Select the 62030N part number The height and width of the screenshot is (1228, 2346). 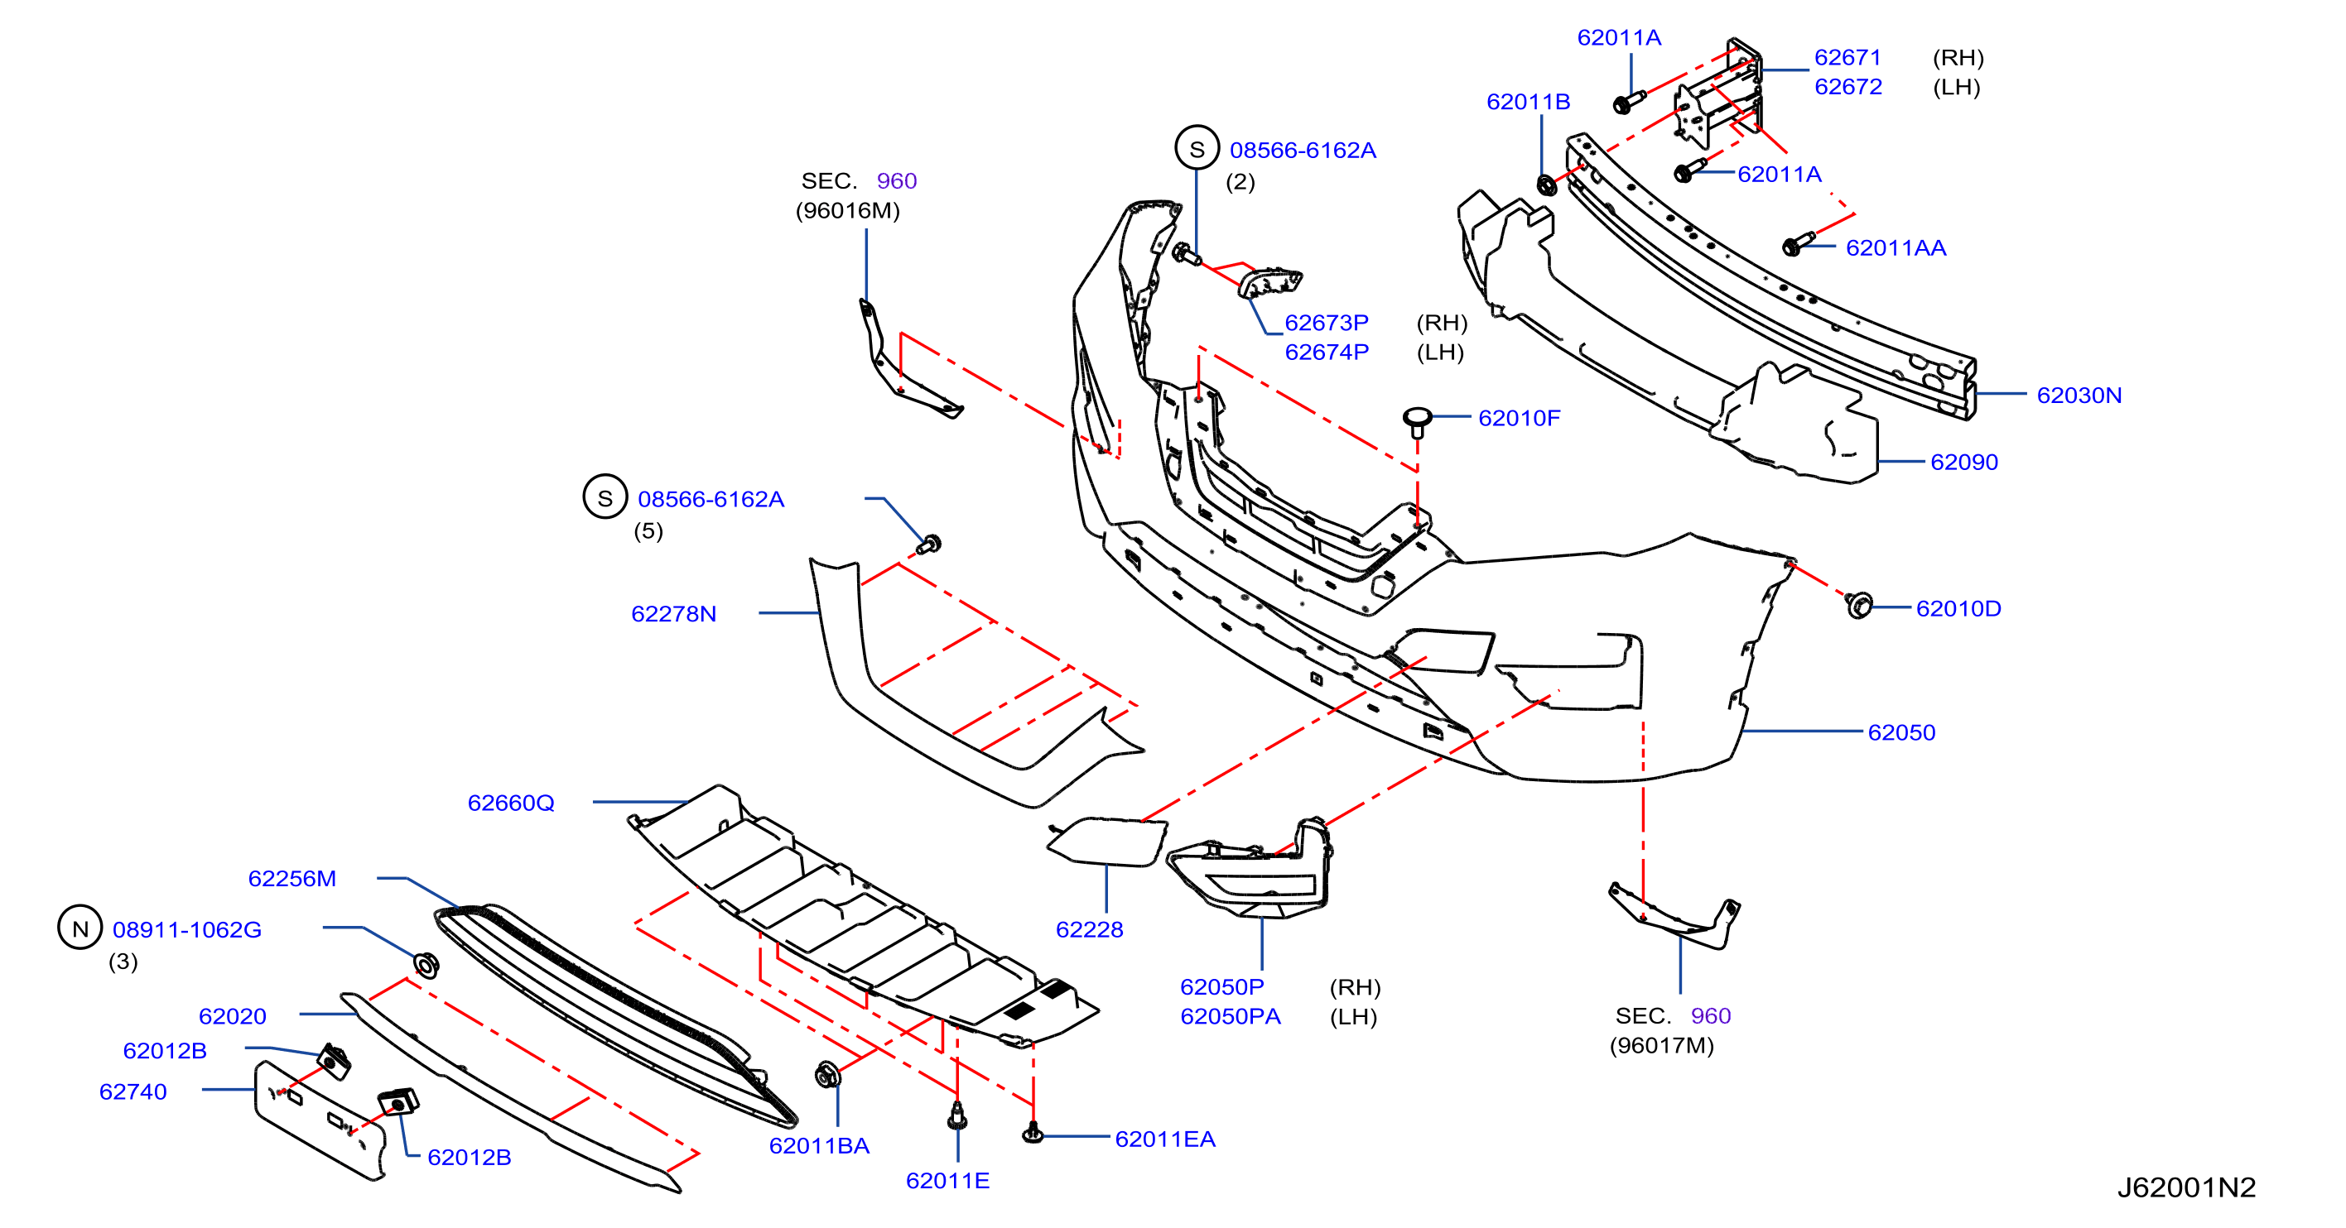click(x=2079, y=395)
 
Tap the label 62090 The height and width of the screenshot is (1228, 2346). click(x=1964, y=462)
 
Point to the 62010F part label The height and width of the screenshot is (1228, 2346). click(x=1519, y=418)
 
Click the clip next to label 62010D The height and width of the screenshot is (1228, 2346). click(x=1859, y=604)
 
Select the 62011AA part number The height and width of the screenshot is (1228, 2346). click(x=1896, y=247)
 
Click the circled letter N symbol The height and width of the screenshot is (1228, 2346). click(x=80, y=928)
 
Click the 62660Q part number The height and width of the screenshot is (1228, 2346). click(x=511, y=803)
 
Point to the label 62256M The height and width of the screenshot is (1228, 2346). click(x=292, y=879)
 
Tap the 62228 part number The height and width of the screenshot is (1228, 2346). click(x=1089, y=929)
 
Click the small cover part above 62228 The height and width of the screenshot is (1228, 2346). click(x=1107, y=841)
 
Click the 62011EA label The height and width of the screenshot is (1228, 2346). click(x=1165, y=1139)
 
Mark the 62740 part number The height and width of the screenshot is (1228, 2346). click(x=133, y=1091)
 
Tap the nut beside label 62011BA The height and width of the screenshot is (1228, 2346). click(x=828, y=1075)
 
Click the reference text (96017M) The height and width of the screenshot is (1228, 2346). click(x=1662, y=1045)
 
